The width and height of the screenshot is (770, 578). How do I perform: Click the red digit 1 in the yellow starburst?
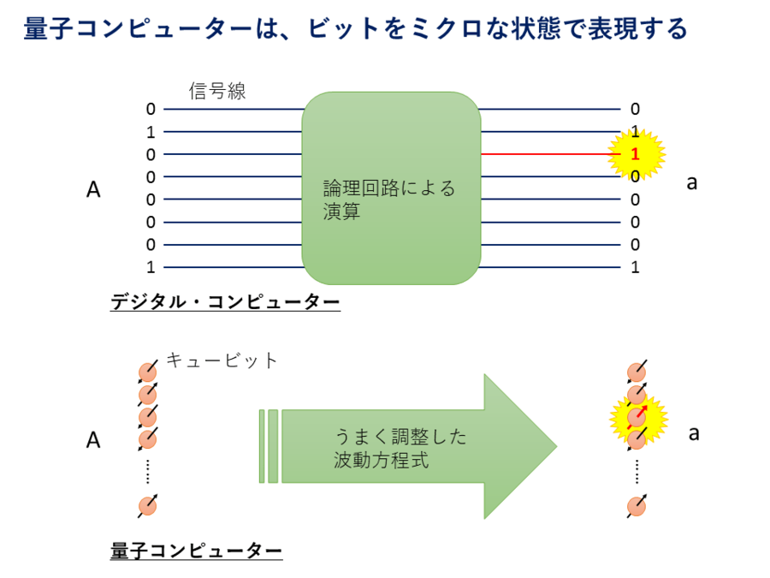point(635,155)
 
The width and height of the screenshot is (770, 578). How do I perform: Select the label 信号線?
point(217,92)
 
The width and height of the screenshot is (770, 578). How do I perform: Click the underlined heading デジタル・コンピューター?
point(225,302)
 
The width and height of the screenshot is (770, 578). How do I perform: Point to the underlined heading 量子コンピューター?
point(196,551)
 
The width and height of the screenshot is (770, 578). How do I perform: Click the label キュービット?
point(222,361)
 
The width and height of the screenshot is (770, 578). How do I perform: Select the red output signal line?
point(548,154)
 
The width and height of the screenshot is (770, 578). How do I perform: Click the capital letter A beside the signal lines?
point(93,190)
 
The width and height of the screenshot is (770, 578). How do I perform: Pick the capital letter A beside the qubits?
point(93,440)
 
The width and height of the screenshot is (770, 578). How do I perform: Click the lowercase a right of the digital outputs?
point(693,182)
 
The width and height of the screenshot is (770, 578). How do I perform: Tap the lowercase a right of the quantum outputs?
point(694,432)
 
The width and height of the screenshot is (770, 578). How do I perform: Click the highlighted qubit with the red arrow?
point(636,417)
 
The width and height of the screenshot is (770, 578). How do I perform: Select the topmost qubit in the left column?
point(148,372)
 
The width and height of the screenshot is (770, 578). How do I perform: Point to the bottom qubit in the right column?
point(636,505)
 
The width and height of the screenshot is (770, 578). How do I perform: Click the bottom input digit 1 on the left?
point(151,267)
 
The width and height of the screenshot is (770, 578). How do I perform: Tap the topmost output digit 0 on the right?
point(635,109)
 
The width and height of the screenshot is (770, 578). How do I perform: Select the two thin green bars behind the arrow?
point(269,446)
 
